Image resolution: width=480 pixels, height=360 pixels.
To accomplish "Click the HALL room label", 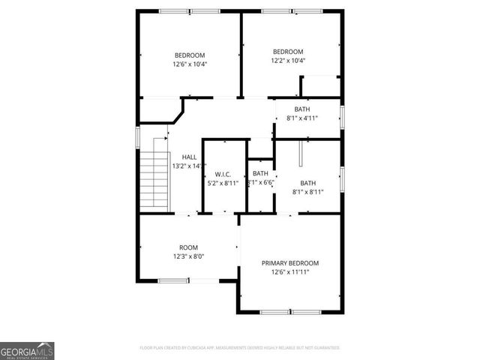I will [x=189, y=157].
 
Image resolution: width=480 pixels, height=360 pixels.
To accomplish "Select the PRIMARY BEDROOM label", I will [x=289, y=263].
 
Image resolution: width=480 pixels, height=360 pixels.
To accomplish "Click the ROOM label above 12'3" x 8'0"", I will [x=188, y=247].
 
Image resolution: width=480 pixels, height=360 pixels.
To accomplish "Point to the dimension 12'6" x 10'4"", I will [x=190, y=64].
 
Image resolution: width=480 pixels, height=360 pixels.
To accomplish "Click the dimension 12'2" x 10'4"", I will [x=288, y=61].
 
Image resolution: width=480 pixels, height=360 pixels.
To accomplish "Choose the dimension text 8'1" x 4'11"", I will [x=301, y=118].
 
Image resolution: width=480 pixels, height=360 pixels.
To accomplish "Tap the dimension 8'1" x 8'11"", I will [x=307, y=192].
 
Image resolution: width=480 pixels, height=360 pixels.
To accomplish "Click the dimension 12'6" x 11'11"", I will [x=289, y=272].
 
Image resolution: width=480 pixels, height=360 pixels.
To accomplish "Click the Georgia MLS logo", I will [x=27, y=350].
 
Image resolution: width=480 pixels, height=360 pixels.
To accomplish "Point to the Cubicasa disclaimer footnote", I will [x=240, y=348].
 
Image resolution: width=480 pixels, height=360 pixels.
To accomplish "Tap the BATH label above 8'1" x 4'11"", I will [x=301, y=109].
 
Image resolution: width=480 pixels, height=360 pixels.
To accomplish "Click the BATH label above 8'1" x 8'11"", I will [x=307, y=183].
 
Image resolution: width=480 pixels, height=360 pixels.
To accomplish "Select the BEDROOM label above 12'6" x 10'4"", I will [x=190, y=55].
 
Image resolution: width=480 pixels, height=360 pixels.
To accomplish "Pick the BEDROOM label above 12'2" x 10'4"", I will [x=288, y=52].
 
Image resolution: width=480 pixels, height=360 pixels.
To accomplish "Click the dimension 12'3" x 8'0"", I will [x=188, y=256].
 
